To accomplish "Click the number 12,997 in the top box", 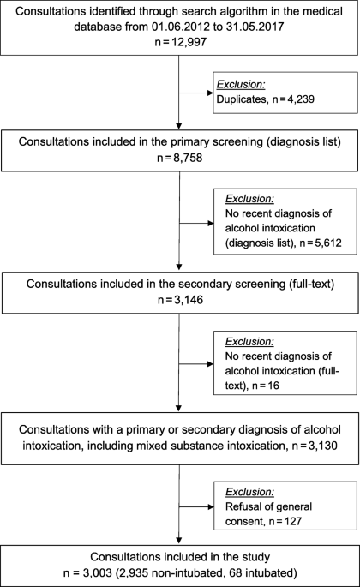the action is point(189,41).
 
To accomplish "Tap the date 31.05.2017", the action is point(255,27).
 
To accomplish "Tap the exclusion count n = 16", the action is point(266,386).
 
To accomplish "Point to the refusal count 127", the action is point(293,521).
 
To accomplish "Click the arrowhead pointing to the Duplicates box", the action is point(211,93).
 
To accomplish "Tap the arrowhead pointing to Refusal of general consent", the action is point(211,507).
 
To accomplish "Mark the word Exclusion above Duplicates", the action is point(241,85).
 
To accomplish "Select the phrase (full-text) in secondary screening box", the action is point(311,284).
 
